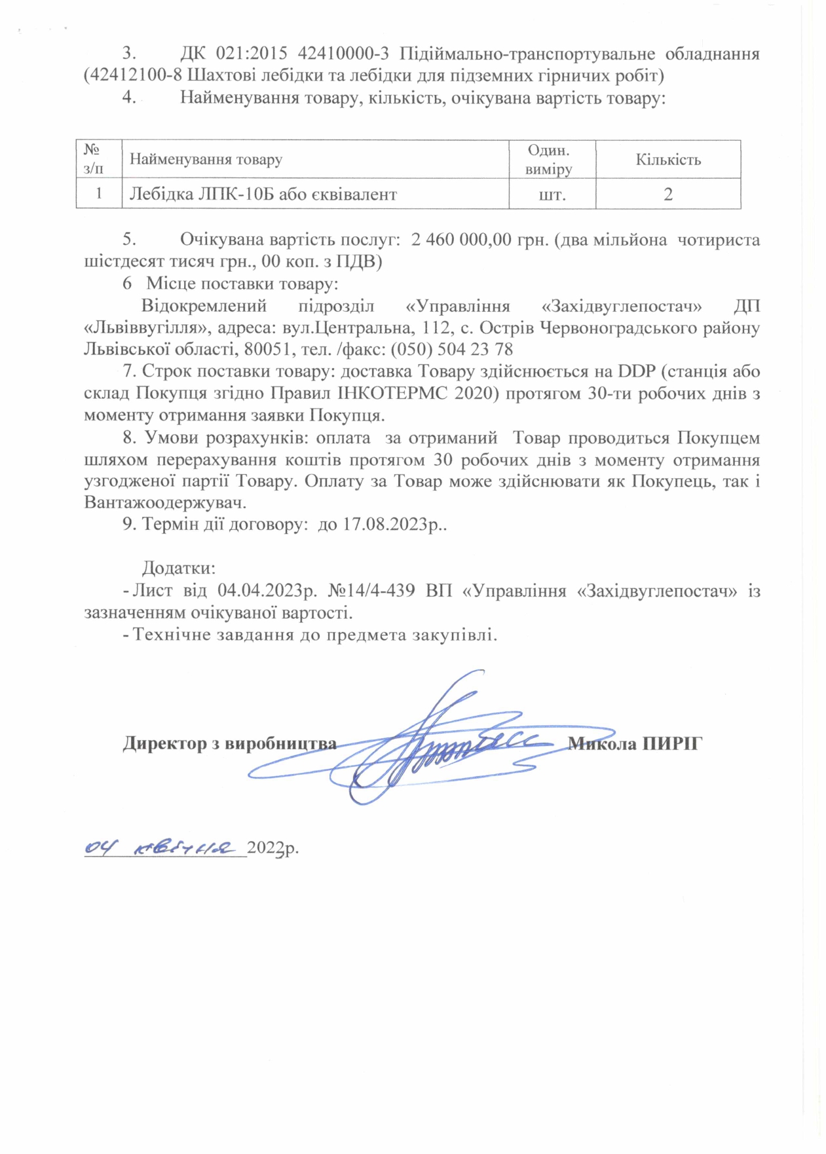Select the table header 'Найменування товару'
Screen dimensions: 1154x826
[x=206, y=159]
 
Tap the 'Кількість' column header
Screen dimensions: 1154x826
[x=667, y=160]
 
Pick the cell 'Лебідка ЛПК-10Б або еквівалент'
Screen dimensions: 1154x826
[x=263, y=195]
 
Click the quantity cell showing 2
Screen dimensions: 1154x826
[x=667, y=195]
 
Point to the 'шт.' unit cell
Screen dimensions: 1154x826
[x=552, y=195]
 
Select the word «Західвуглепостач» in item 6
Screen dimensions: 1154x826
[x=622, y=307]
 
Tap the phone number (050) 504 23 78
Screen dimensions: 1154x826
[x=451, y=349]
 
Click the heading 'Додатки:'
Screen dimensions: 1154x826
[x=179, y=568]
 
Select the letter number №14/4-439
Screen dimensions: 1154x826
[x=371, y=591]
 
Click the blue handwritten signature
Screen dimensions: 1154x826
[x=432, y=747]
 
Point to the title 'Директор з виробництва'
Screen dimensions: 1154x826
[x=229, y=744]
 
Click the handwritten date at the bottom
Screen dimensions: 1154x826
[x=160, y=848]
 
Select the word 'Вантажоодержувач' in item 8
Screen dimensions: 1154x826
[x=165, y=503]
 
